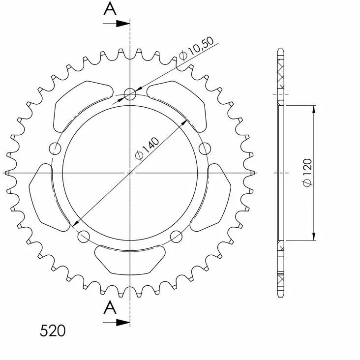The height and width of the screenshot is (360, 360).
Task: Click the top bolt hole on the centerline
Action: point(130,94)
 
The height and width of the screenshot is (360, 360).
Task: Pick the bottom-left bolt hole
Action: point(84,236)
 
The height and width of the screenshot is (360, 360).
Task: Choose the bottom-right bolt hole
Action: point(176,236)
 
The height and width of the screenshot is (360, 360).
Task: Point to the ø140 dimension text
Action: point(147,148)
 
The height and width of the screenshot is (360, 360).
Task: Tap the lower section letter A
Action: point(111,307)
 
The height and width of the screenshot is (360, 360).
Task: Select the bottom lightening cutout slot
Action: point(130,259)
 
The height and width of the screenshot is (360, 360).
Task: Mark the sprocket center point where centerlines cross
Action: point(130,173)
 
